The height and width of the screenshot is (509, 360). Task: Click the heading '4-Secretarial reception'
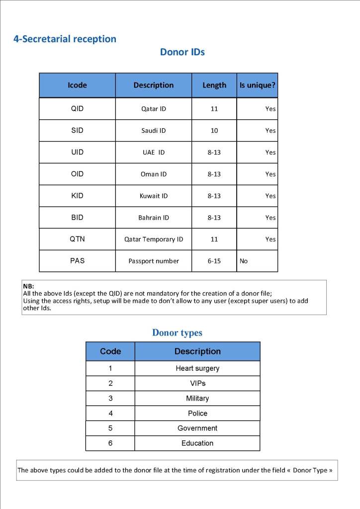click(65, 39)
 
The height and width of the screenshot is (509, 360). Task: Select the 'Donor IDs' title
click(182, 52)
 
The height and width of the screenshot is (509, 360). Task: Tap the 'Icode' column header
click(77, 85)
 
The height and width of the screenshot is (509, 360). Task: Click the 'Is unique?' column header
click(257, 85)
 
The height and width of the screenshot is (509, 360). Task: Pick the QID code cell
click(77, 108)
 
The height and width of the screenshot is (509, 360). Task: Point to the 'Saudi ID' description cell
click(154, 130)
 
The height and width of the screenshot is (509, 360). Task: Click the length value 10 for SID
click(214, 130)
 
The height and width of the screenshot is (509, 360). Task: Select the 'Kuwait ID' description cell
click(154, 196)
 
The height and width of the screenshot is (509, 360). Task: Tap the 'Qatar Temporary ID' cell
click(154, 239)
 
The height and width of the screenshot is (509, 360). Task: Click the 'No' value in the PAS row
click(244, 261)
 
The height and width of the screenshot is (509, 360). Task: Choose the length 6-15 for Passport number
click(214, 261)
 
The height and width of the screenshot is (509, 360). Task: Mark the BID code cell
click(77, 217)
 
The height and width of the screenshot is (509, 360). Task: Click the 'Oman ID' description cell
click(154, 174)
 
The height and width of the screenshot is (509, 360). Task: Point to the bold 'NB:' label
click(28, 286)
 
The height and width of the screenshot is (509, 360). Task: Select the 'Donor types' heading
click(177, 333)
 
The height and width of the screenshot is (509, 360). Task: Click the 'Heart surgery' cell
click(197, 368)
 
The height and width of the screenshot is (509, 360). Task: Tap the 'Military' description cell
click(197, 398)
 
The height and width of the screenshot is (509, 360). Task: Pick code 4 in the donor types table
click(110, 413)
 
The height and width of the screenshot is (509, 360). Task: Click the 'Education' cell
click(197, 443)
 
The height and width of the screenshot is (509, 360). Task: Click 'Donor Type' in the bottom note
click(310, 470)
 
